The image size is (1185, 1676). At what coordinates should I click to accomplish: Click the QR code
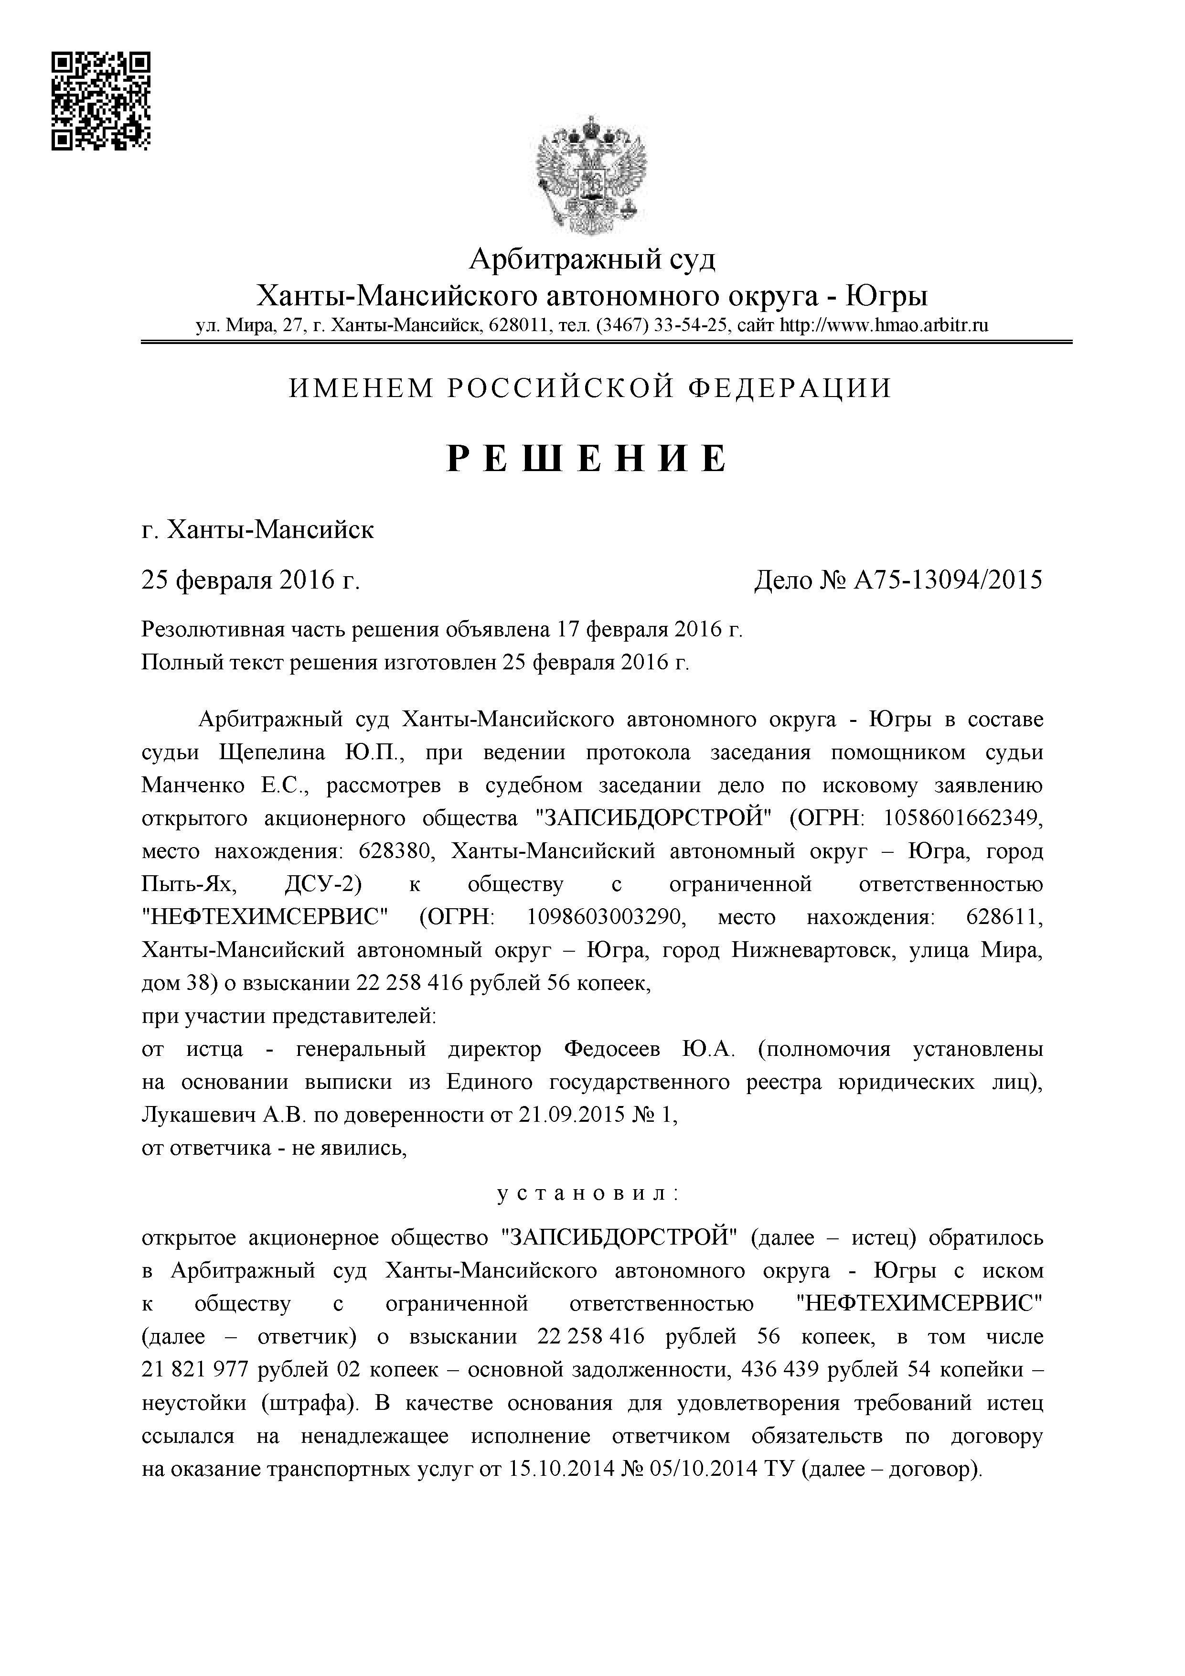[101, 101]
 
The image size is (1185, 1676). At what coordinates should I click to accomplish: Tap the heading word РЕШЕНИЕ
[588, 459]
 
